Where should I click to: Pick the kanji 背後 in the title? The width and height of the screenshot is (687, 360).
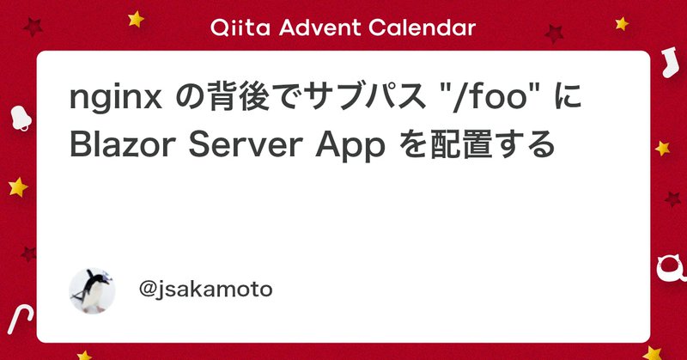[x=228, y=101]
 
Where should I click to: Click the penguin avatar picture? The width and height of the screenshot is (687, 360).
[x=92, y=290]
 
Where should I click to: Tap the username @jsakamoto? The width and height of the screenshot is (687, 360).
[x=205, y=290]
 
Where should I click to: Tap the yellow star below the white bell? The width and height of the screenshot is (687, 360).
[x=17, y=186]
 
